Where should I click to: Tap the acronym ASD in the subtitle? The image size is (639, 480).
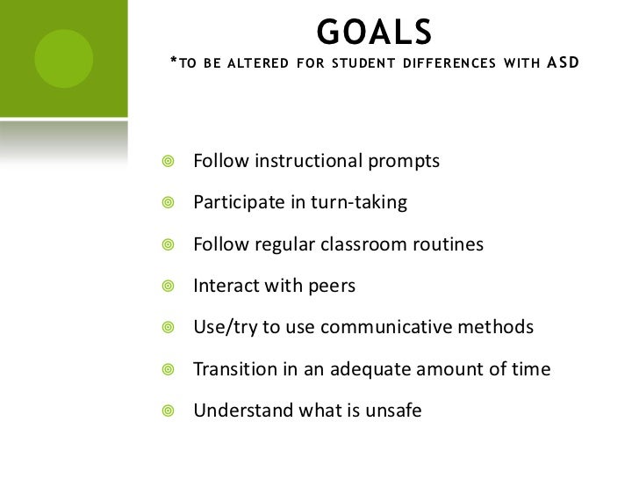[563, 63]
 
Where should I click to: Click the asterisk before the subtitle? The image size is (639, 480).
[172, 62]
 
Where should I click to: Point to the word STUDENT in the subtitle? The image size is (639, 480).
[363, 64]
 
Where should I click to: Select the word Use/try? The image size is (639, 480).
[224, 328]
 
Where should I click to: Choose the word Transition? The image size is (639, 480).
[232, 369]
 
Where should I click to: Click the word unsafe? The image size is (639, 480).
[392, 410]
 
